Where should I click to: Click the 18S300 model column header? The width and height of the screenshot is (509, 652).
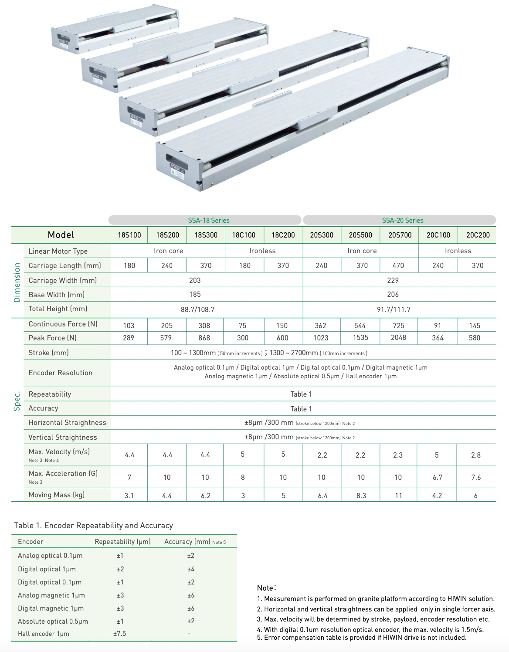[x=206, y=235]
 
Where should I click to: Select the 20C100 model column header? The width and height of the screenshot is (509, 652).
[x=438, y=235]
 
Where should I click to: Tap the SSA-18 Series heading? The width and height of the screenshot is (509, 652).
[x=209, y=221]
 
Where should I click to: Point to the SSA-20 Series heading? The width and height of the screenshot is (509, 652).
[x=403, y=221]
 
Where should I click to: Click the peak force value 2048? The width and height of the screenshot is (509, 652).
[x=398, y=337]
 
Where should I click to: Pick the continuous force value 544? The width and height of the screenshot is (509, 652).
[x=360, y=326]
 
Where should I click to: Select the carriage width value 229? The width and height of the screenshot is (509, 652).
[x=393, y=280]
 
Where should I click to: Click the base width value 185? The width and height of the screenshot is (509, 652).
[x=195, y=294]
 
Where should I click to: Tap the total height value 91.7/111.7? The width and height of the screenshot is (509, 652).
[x=394, y=309]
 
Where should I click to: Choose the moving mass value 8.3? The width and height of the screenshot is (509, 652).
[x=361, y=496]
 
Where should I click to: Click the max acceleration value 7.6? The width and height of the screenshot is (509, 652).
[x=476, y=477]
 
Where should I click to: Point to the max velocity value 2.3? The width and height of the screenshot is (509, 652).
[x=398, y=455]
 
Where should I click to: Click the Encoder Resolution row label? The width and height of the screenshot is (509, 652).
[x=61, y=373]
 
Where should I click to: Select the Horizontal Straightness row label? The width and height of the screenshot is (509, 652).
[x=67, y=422]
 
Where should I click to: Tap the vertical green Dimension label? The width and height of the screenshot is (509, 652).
[x=17, y=282]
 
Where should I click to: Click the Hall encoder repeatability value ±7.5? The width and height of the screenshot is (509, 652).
[x=119, y=633]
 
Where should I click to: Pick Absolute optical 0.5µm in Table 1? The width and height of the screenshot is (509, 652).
[x=53, y=621]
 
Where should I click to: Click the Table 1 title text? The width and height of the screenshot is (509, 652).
[x=93, y=525]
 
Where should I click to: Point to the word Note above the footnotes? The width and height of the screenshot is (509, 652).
[x=266, y=588]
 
